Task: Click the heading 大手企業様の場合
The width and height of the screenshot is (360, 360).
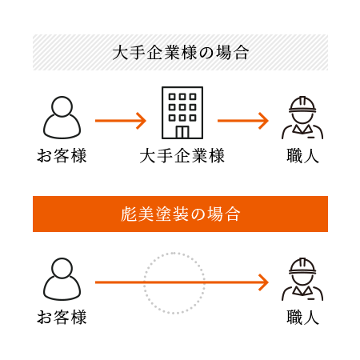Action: [181, 53]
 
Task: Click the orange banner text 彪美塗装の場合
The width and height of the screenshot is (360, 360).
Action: [181, 214]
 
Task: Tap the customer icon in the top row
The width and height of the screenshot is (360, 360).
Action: [62, 118]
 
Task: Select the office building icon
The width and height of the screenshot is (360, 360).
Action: [182, 113]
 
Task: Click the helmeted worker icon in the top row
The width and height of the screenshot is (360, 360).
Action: [302, 118]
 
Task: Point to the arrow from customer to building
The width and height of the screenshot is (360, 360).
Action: [121, 121]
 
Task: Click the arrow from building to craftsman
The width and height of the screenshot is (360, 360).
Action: [243, 121]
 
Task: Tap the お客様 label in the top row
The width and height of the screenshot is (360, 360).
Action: [62, 156]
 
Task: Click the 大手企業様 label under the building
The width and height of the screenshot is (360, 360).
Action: [182, 156]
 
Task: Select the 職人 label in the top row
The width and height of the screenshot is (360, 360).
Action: [302, 156]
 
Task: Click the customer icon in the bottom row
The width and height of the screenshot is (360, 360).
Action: [62, 279]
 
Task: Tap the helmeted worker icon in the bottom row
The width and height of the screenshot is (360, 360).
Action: [302, 279]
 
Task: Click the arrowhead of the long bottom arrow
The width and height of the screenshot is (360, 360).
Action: [264, 282]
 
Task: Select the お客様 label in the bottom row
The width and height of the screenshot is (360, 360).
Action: [62, 318]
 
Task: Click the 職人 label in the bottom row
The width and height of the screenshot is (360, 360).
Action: [302, 318]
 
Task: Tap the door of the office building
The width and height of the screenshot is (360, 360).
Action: [182, 132]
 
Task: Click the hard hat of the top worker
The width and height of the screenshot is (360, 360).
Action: [302, 104]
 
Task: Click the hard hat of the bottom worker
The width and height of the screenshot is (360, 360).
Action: [302, 266]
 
